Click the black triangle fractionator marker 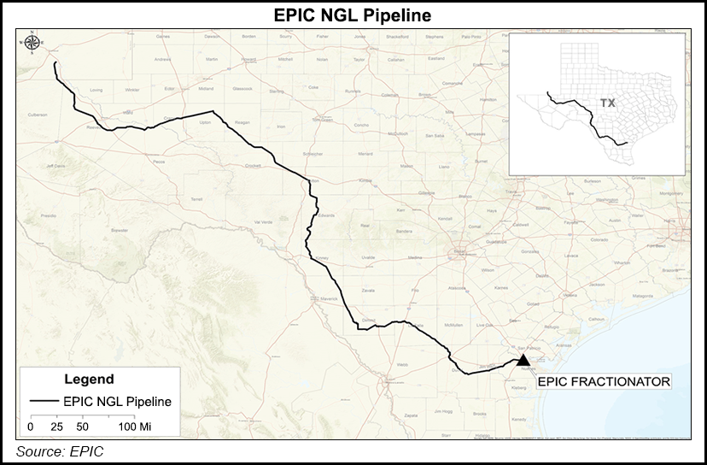pyautogui.click(x=523, y=361)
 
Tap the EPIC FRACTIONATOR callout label pyautogui.click(x=603, y=382)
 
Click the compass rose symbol pyautogui.click(x=32, y=43)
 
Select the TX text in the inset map pyautogui.click(x=607, y=103)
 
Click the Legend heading pyautogui.click(x=89, y=379)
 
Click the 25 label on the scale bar pyautogui.click(x=58, y=425)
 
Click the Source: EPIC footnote pyautogui.click(x=59, y=450)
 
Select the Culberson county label pyautogui.click(x=37, y=114)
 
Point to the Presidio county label pyautogui.click(x=48, y=215)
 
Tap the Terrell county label pyautogui.click(x=197, y=197)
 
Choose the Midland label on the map pyautogui.click(x=206, y=88)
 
